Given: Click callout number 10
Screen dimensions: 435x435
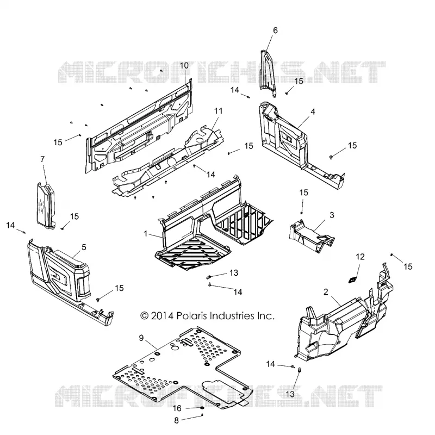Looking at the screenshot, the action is coord(184,66).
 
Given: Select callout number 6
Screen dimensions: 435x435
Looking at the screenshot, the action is coord(275,30).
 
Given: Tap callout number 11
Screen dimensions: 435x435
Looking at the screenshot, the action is coord(219,111).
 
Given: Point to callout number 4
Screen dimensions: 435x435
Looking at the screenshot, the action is coord(313,112).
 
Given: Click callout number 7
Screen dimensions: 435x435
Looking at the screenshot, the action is coord(42,159).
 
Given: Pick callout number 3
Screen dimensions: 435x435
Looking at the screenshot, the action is coord(332,215).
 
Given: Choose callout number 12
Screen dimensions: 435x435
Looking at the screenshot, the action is coord(360,257).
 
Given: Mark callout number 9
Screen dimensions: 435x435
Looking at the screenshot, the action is coord(141,338).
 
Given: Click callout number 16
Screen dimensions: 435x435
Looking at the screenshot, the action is coord(177,408).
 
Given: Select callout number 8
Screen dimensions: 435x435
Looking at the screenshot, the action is coord(176,420).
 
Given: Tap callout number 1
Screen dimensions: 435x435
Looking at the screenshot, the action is coord(145,234).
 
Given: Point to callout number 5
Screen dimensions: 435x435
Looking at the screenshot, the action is coord(84,247).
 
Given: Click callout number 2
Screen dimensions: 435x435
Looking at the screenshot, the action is coord(326,292).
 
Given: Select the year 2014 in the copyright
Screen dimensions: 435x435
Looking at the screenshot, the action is coord(161,316).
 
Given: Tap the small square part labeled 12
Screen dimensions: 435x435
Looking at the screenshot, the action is coord(352,279).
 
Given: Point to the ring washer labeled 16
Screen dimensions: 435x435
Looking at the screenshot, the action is coord(202,408).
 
